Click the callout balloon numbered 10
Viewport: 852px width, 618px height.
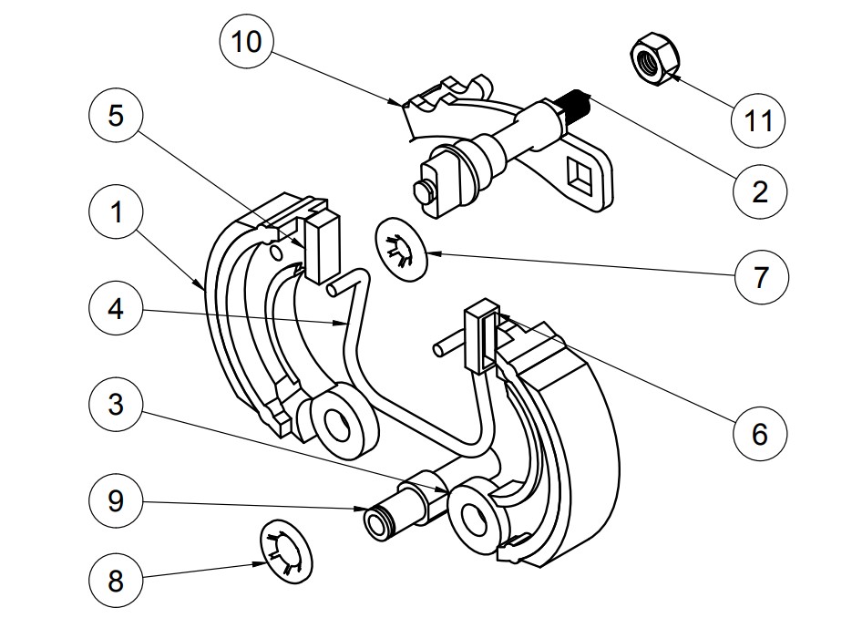tap(246, 41)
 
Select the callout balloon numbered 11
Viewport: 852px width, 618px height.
tap(758, 120)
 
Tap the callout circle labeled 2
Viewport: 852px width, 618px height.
tap(759, 191)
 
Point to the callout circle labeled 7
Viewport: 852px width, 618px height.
tap(761, 277)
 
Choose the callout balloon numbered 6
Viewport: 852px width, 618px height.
tap(760, 434)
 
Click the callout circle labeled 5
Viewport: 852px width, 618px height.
tap(116, 116)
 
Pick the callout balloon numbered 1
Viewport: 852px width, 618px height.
tap(116, 212)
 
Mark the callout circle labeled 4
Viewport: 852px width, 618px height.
tap(116, 309)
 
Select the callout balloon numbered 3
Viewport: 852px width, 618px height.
tap(116, 405)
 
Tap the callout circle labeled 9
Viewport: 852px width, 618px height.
tap(116, 500)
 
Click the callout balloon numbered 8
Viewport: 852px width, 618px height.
tap(116, 581)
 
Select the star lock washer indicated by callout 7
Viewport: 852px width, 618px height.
tap(402, 250)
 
